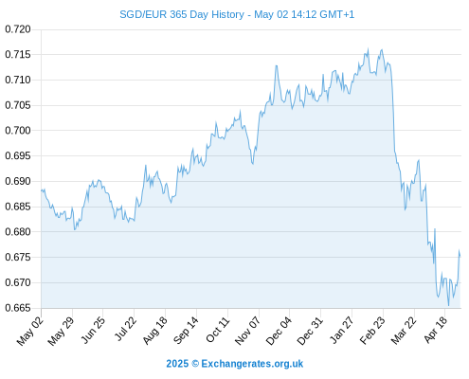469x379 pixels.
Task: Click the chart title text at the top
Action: click(x=237, y=14)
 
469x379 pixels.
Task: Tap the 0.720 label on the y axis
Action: click(x=18, y=29)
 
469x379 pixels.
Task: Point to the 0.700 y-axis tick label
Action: click(x=18, y=131)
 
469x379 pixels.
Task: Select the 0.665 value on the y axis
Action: click(x=18, y=308)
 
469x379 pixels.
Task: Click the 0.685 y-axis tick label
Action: click(x=18, y=207)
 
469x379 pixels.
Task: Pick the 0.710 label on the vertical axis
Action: click(x=18, y=80)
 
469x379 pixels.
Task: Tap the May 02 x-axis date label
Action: click(x=29, y=331)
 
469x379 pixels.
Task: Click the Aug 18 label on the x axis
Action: click(x=154, y=331)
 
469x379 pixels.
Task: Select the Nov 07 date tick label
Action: click(x=248, y=331)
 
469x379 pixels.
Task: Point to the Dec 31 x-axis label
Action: click(x=311, y=331)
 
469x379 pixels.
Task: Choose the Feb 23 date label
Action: click(x=372, y=331)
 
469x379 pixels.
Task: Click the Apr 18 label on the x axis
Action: click(x=436, y=330)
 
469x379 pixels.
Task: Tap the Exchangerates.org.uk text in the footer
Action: click(x=252, y=364)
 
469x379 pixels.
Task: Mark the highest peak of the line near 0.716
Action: click(x=368, y=48)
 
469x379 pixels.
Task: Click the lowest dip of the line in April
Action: click(x=448, y=305)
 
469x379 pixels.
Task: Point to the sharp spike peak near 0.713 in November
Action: click(x=277, y=65)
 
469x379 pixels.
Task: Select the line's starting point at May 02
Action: click(x=41, y=190)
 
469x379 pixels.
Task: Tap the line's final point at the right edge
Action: click(x=460, y=256)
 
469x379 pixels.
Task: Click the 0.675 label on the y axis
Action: click(x=18, y=257)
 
